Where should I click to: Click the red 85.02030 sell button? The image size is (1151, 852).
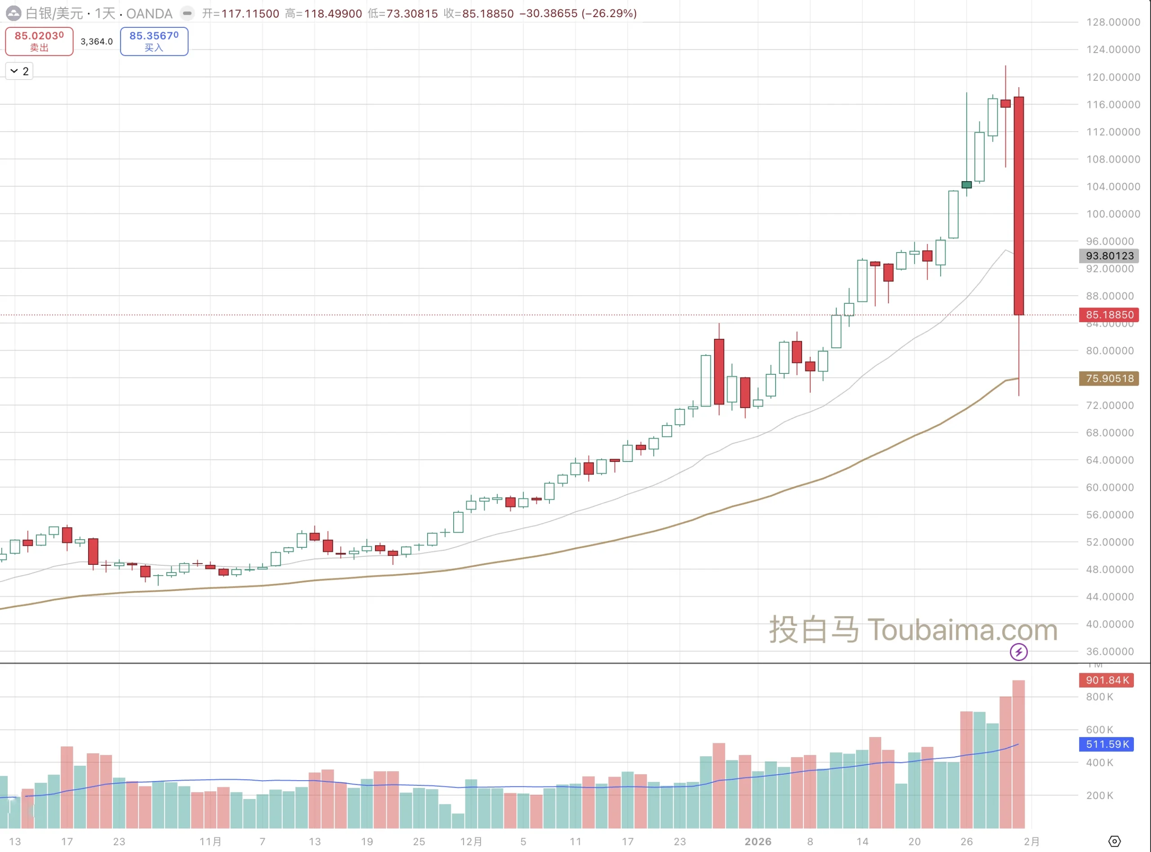(39, 41)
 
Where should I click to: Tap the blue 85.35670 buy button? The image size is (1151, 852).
(154, 41)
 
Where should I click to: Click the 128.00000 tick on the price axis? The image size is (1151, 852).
(1113, 22)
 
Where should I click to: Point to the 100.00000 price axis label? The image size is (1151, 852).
(1113, 213)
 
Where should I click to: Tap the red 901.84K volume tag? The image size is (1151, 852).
(1106, 680)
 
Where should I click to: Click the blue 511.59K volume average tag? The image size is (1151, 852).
(1106, 744)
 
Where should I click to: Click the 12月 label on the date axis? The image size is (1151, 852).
(470, 841)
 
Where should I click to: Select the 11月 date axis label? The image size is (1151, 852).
(210, 841)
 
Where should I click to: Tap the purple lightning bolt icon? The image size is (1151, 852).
(1018, 652)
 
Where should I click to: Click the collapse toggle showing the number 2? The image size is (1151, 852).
(19, 71)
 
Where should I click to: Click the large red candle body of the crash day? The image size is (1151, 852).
(1018, 206)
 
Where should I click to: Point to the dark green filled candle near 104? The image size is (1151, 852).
(966, 185)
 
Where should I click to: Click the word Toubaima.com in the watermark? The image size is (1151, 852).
(962, 630)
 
